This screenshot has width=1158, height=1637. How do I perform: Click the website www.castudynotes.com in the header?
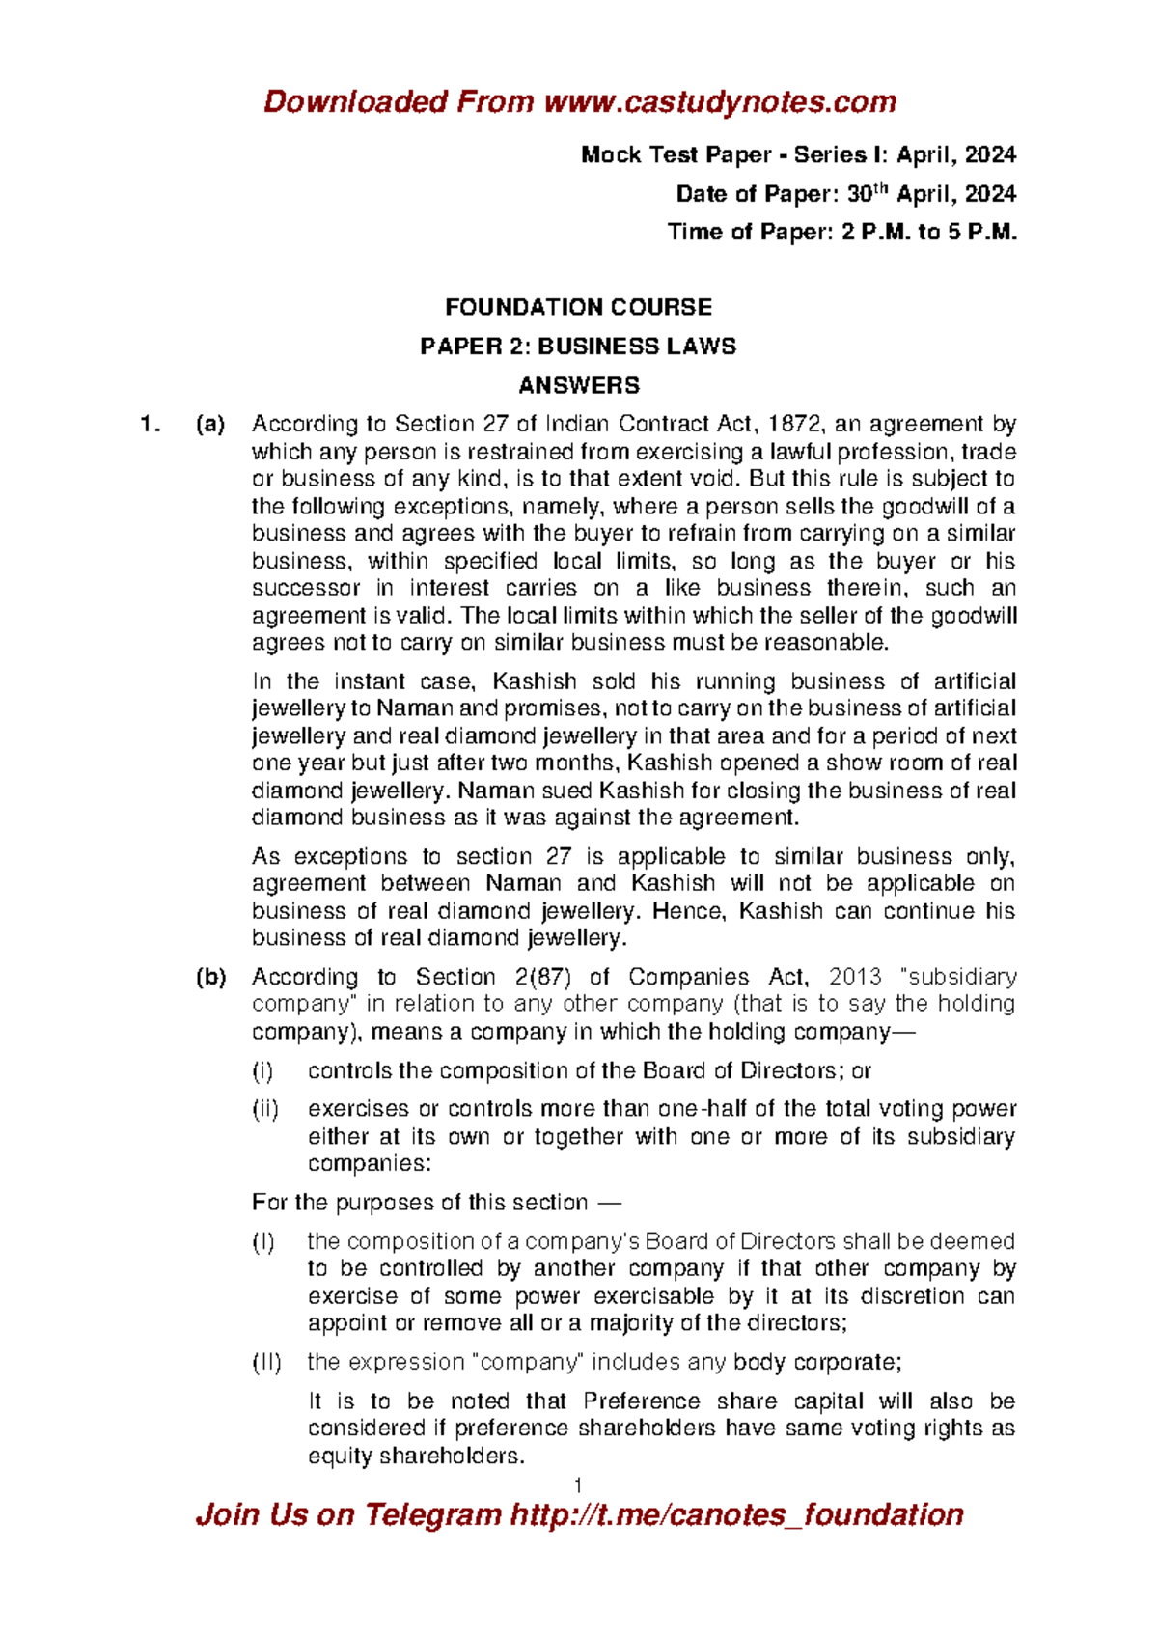(720, 102)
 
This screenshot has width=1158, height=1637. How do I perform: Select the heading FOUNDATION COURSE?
(578, 308)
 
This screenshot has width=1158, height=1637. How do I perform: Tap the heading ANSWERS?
(579, 386)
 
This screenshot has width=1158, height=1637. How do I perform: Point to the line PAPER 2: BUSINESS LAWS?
(578, 347)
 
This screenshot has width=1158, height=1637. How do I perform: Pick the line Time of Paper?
(841, 233)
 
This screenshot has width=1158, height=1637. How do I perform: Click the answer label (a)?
(210, 424)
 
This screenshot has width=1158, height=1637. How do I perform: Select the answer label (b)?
(210, 977)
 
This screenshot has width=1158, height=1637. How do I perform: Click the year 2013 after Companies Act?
(855, 977)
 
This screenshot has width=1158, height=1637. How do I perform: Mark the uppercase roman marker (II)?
(267, 1362)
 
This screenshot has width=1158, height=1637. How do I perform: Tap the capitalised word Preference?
(642, 1401)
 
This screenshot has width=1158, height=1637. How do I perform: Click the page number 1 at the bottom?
(578, 1484)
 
